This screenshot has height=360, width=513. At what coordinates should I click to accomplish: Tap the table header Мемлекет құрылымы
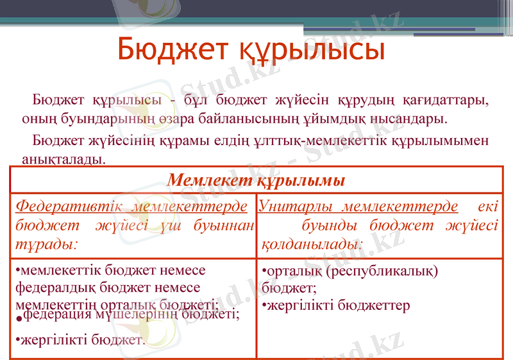(256, 180)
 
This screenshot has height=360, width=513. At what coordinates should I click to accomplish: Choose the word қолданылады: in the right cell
(313, 244)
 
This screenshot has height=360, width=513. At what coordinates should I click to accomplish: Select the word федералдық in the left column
(48, 287)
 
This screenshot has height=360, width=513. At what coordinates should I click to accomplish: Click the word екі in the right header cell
(487, 207)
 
